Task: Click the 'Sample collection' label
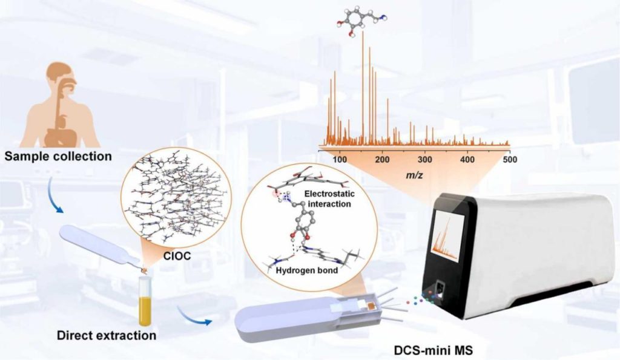coord(58,157)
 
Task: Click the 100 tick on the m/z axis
coord(340,160)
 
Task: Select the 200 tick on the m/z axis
coord(383,160)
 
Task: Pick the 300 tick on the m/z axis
coord(425,160)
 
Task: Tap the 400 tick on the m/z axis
coord(467,160)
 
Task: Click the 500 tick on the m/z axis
coord(510,160)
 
